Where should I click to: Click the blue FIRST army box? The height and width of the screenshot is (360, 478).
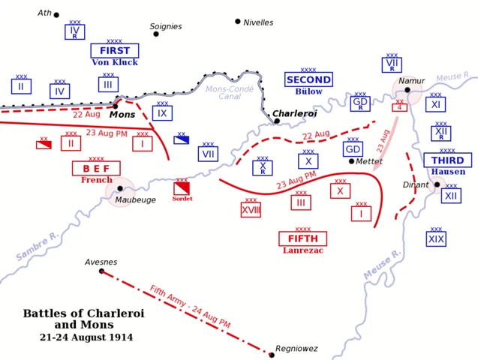[114, 50]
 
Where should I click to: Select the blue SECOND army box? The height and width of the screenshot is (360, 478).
[308, 79]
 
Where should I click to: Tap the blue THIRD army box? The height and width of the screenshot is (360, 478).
[447, 160]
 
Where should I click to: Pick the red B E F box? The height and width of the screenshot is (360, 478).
[96, 168]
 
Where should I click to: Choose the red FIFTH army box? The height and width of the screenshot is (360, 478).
[302, 238]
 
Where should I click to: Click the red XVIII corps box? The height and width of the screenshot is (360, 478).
[251, 210]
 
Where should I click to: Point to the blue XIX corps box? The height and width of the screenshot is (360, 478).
[436, 238]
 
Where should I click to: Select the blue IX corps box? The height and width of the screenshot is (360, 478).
[162, 112]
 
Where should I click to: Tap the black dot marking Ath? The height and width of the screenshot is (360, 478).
[56, 15]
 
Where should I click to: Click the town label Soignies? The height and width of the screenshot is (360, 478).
[166, 26]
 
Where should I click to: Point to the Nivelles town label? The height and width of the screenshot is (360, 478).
[258, 22]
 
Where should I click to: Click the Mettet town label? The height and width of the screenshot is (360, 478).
[369, 161]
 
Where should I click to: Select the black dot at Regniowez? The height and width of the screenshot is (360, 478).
[272, 354]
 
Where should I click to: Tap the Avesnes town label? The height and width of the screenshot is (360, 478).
[101, 262]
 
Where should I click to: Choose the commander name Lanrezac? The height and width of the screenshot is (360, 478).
[302, 250]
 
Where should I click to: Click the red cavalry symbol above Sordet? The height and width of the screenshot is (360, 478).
[182, 188]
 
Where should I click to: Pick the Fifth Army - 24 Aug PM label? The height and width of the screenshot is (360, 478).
[189, 306]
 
